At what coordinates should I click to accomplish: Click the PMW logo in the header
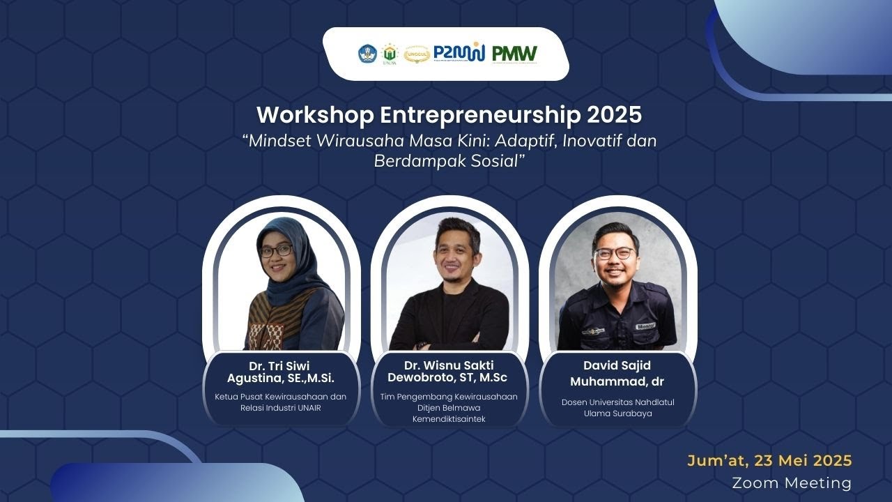(514, 54)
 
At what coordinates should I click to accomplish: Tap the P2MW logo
(459, 53)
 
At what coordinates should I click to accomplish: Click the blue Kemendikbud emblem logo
(367, 54)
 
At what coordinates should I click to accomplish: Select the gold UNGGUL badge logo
(416, 54)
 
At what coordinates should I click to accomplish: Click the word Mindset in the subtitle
(277, 140)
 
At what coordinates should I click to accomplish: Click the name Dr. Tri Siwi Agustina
(280, 372)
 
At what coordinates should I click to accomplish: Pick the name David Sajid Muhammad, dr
(617, 373)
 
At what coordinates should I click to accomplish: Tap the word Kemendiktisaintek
(448, 419)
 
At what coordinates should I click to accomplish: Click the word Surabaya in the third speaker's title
(636, 413)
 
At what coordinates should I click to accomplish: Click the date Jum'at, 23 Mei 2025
(769, 461)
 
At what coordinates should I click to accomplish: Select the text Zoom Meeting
(792, 482)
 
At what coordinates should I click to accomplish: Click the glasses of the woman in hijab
(275, 250)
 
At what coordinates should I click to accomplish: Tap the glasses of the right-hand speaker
(614, 252)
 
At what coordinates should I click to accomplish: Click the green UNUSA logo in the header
(390, 54)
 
